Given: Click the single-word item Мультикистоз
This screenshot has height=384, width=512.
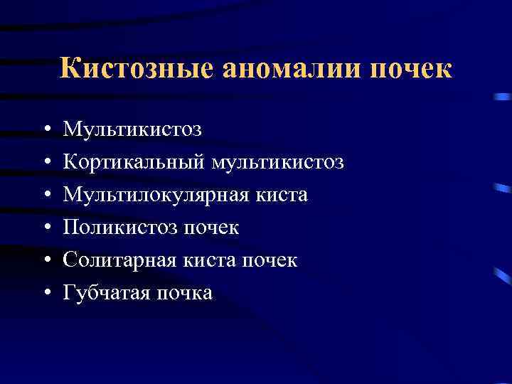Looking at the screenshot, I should (x=132, y=129).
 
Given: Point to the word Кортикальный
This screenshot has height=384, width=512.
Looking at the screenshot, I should (x=134, y=162).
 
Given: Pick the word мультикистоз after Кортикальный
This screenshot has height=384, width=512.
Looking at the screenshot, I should (x=278, y=162).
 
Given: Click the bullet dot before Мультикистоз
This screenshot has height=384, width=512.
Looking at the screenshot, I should (x=45, y=130).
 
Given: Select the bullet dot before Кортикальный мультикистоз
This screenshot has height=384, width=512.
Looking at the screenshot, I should (x=45, y=163).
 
